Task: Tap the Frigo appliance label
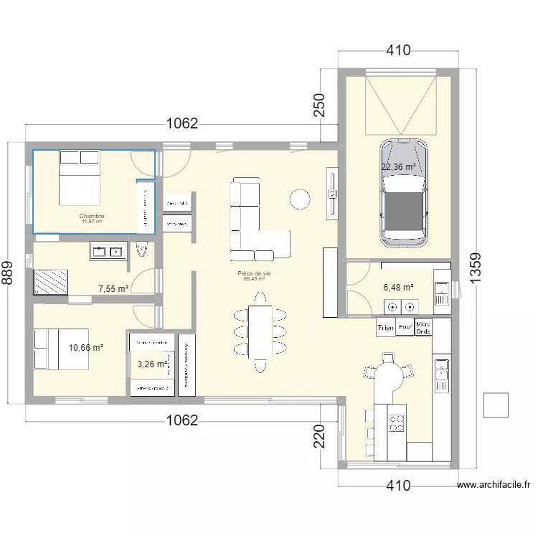click(386, 327)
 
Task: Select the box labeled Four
click(405, 327)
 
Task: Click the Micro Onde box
click(424, 327)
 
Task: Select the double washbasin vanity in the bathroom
click(108, 250)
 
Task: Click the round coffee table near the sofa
click(299, 199)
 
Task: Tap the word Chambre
click(92, 216)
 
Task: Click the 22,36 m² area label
click(399, 167)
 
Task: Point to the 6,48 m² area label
click(399, 287)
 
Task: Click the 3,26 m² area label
click(152, 364)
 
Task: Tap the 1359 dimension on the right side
click(476, 273)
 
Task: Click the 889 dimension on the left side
click(8, 273)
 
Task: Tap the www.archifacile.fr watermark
click(494, 485)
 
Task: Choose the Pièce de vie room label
click(254, 274)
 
